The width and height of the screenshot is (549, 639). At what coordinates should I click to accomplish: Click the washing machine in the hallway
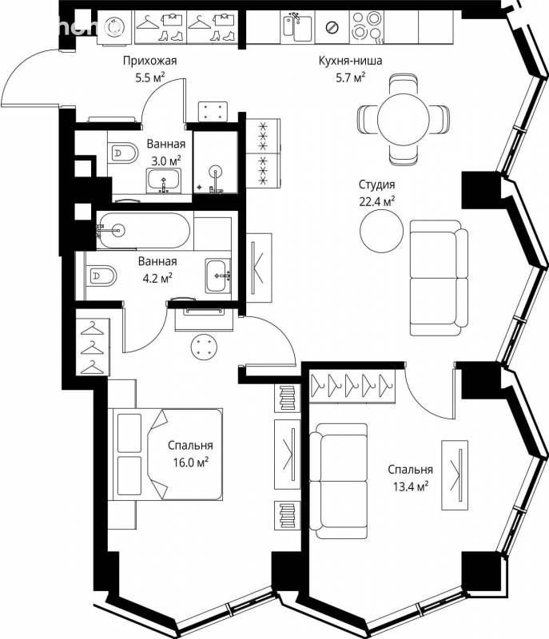[115, 27]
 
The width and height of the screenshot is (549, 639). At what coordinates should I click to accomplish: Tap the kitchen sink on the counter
[298, 26]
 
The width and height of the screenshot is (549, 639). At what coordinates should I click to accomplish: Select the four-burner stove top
[367, 26]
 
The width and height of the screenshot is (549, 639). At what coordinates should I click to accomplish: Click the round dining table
[403, 118]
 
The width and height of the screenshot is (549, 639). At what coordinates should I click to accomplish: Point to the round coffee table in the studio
[381, 231]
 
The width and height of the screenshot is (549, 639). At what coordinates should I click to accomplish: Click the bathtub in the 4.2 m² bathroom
[143, 230]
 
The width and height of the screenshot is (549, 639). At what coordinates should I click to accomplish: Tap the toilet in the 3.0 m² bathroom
[124, 153]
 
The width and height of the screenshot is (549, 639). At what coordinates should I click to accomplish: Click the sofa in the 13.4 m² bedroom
[338, 482]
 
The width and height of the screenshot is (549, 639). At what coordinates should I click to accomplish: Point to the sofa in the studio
[439, 278]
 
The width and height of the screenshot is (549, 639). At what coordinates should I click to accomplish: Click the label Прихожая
[150, 62]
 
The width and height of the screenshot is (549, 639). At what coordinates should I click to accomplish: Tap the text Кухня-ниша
[351, 62]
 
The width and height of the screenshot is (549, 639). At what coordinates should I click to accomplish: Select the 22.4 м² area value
[377, 201]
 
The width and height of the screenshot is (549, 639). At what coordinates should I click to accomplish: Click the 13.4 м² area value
[410, 486]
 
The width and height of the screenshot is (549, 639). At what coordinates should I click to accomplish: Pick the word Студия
[377, 185]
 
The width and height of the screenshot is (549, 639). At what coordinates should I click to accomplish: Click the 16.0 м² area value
[191, 462]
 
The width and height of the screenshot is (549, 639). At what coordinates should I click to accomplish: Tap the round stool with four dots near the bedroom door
[204, 346]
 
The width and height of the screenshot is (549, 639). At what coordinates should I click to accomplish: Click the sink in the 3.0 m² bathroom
[164, 181]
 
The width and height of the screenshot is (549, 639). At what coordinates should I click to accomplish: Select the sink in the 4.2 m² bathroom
[218, 275]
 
